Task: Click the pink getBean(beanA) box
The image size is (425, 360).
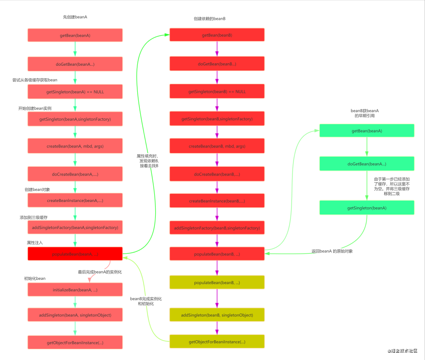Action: pyautogui.click(x=75, y=35)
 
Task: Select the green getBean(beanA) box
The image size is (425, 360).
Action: pyautogui.click(x=366, y=131)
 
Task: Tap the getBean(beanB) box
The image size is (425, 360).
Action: pyautogui.click(x=217, y=35)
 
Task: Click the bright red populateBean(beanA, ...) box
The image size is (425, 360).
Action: pyautogui.click(x=75, y=254)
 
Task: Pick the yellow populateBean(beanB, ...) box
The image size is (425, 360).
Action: pyautogui.click(x=217, y=282)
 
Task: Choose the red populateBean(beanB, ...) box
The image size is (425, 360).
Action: pyautogui.click(x=217, y=254)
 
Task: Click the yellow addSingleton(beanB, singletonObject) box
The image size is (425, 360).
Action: pyautogui.click(x=217, y=315)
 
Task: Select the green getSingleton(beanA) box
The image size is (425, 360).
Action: pyautogui.click(x=366, y=207)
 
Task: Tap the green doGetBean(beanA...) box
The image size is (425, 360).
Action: pyautogui.click(x=366, y=164)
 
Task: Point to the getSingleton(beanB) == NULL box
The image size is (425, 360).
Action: pyautogui.click(x=217, y=91)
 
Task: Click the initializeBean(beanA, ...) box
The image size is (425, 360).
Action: pyautogui.click(x=75, y=289)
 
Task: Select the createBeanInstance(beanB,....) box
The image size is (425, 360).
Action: pyautogui.click(x=217, y=201)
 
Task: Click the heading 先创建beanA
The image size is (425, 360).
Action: pyautogui.click(x=75, y=17)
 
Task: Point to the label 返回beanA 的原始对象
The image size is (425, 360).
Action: pyautogui.click(x=332, y=251)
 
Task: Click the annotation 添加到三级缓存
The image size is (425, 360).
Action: pyautogui.click(x=33, y=217)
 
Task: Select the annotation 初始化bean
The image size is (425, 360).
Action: pyautogui.click(x=35, y=278)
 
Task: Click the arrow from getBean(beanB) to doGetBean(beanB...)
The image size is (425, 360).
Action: pyautogui.click(x=217, y=49)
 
